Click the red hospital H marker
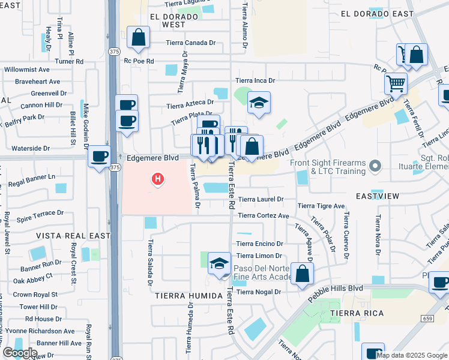click(158, 178)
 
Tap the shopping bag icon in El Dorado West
click(138, 38)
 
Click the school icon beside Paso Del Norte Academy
click(219, 263)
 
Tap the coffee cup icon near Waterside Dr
click(99, 157)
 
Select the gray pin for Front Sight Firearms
click(375, 164)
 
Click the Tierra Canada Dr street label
click(191, 43)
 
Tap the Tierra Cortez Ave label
click(264, 216)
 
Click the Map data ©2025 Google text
click(411, 355)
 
